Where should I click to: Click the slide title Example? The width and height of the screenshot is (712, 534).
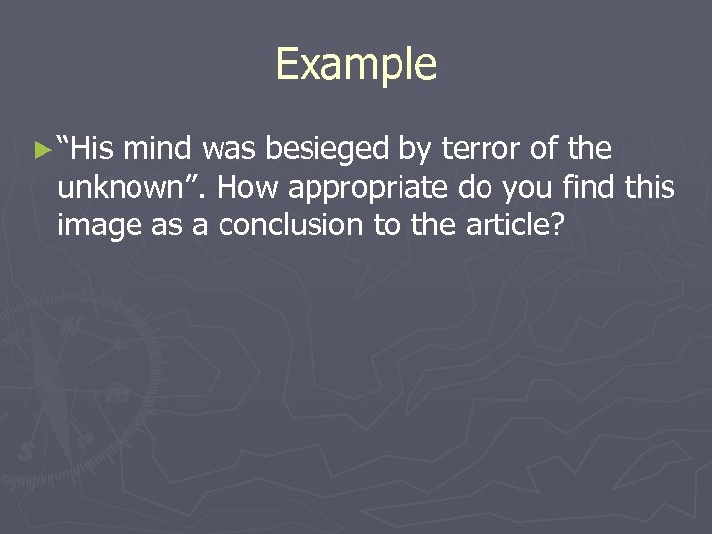[356, 65]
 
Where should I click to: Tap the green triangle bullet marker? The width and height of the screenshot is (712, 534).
[41, 151]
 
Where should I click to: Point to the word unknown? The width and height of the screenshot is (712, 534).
[118, 187]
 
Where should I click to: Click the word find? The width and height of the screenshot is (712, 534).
[587, 187]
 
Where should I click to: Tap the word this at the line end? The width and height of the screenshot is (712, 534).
[652, 187]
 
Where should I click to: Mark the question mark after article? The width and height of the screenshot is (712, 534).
[557, 224]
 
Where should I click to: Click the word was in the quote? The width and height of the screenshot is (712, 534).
[228, 150]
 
